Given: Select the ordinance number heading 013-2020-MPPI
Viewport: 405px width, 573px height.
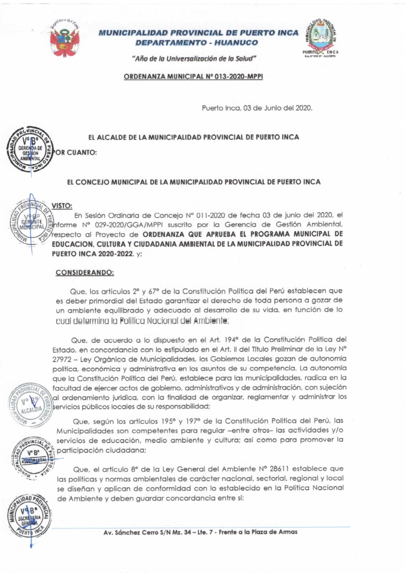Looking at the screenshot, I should point(193,77).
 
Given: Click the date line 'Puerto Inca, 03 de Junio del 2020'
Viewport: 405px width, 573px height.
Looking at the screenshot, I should point(257,108).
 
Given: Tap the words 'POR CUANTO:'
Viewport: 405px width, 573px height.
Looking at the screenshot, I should point(76,152).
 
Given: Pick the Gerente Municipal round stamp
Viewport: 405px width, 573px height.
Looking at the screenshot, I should point(30,223).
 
